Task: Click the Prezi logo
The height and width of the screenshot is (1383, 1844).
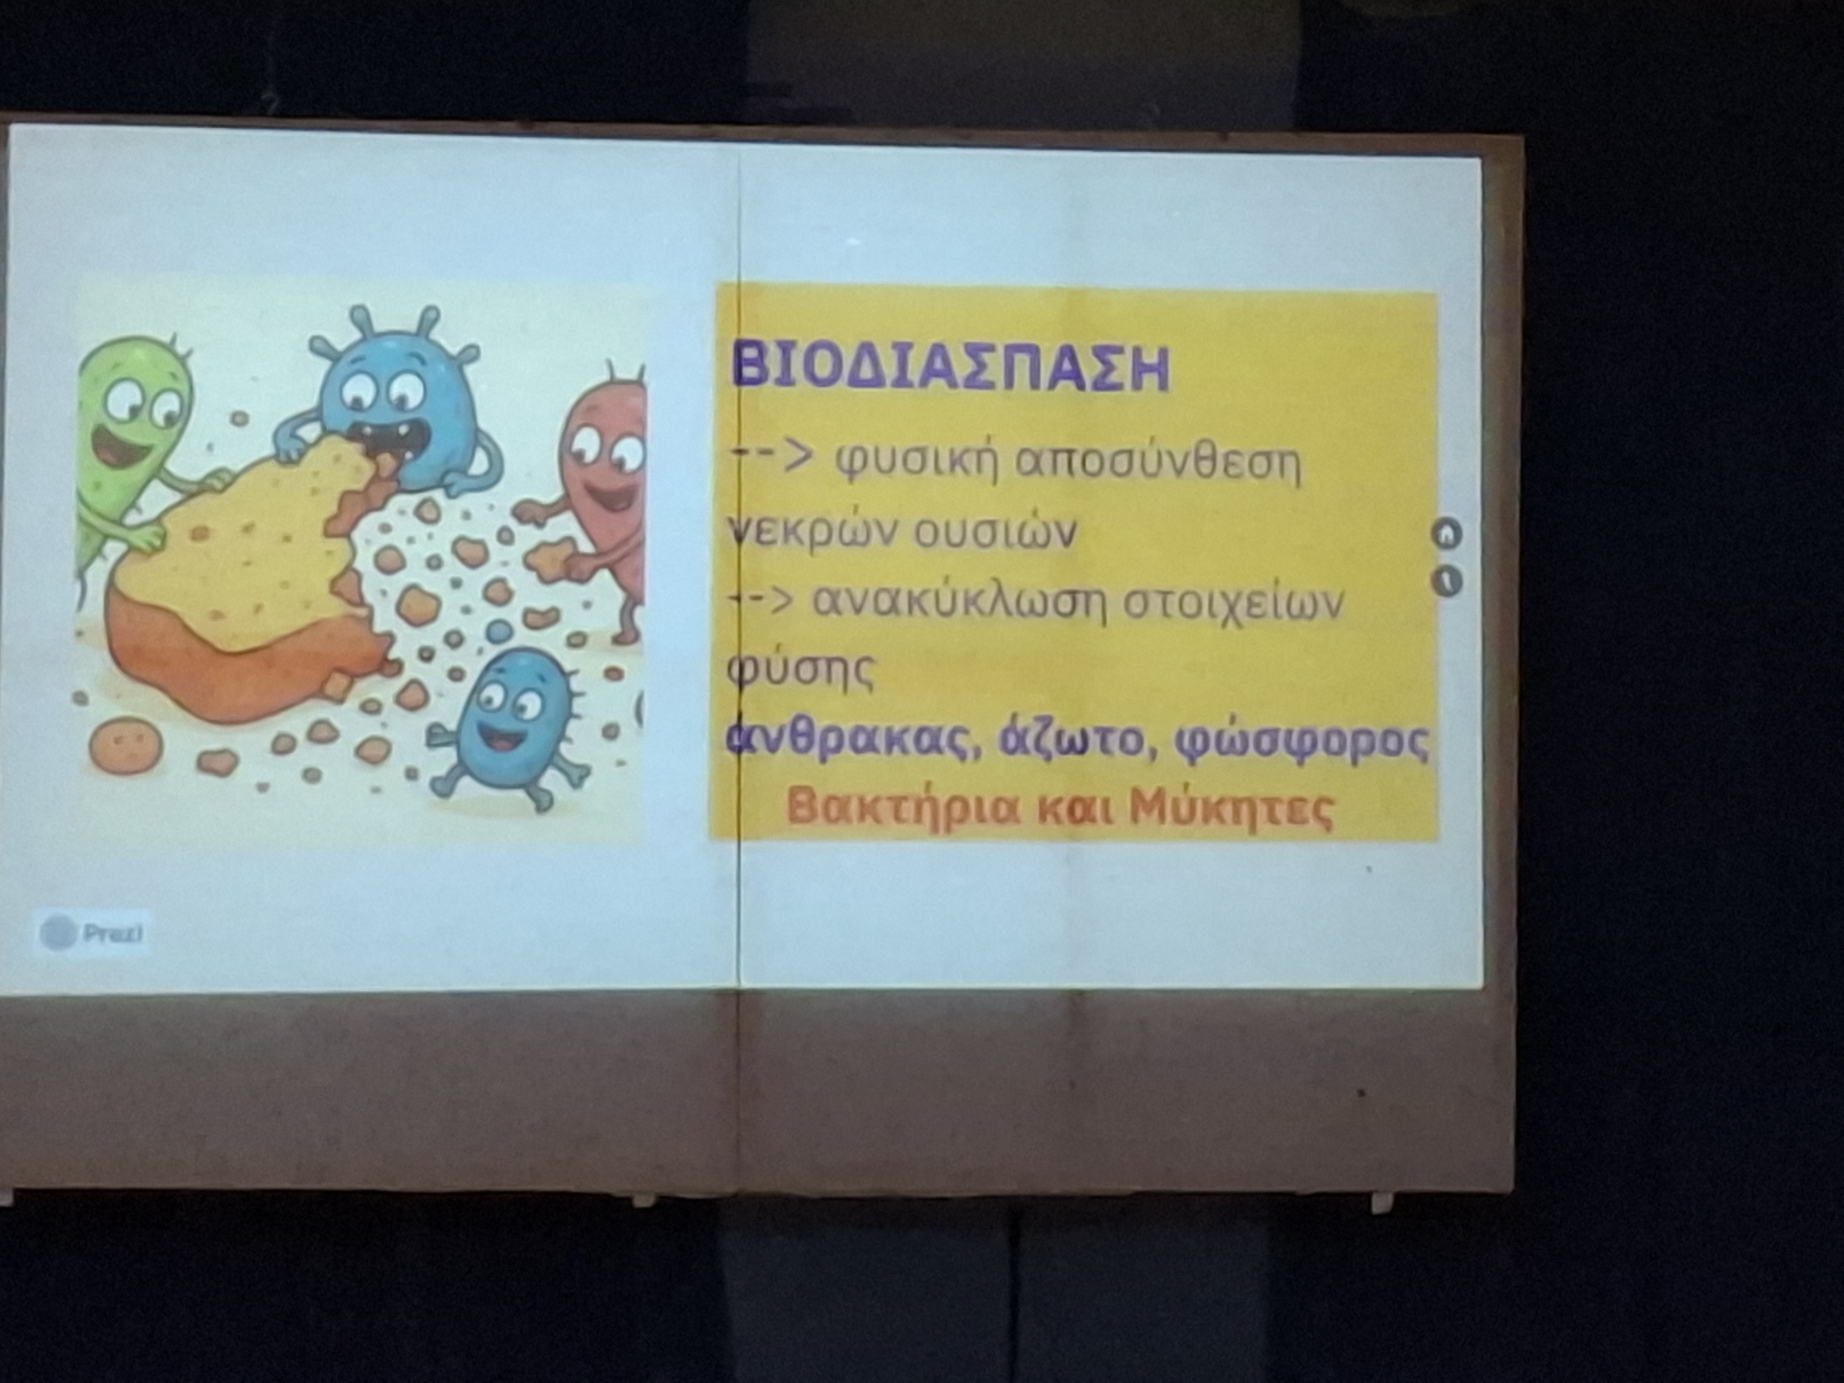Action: pyautogui.click(x=92, y=933)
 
